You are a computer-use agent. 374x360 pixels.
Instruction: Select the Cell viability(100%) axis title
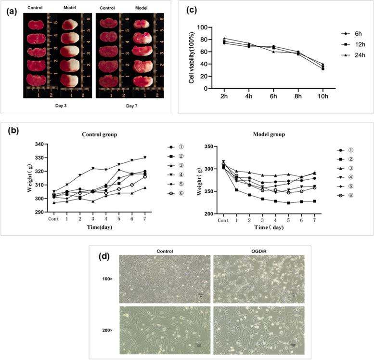point(192,58)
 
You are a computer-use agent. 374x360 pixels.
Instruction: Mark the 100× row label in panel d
point(107,278)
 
